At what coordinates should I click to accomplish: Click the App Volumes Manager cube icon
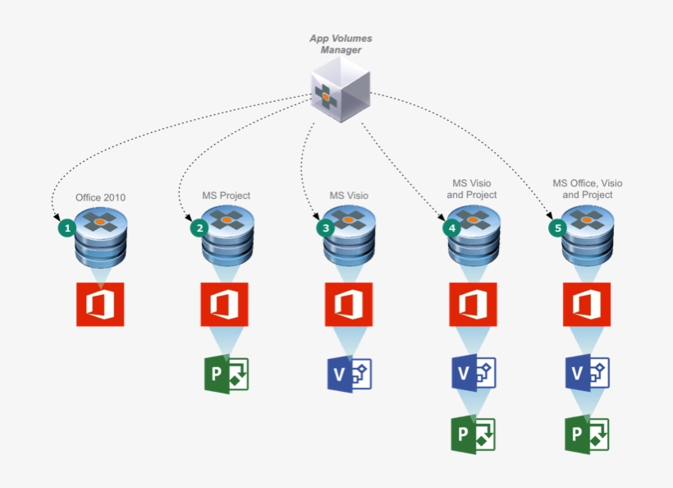click(x=341, y=90)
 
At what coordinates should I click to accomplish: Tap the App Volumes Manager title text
click(x=341, y=44)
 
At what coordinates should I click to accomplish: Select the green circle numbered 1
click(x=67, y=228)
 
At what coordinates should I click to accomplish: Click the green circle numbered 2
click(x=199, y=228)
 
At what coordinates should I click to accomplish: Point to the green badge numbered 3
click(x=326, y=228)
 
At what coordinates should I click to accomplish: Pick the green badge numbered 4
click(x=452, y=228)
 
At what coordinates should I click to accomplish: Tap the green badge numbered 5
click(x=558, y=228)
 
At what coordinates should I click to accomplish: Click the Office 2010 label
click(x=100, y=198)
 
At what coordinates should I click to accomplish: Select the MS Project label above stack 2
click(x=227, y=196)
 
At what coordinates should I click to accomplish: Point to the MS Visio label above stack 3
click(x=349, y=196)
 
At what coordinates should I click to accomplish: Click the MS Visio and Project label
click(x=472, y=189)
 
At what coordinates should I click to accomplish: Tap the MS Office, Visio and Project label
click(x=587, y=189)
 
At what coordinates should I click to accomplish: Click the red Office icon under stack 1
click(x=100, y=304)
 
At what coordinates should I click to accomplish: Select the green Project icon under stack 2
click(x=227, y=374)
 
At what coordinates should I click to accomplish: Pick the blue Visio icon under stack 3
click(x=350, y=374)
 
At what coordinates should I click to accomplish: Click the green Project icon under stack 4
click(x=474, y=435)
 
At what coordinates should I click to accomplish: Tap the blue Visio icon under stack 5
click(x=587, y=372)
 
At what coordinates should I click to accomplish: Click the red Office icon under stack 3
click(x=349, y=304)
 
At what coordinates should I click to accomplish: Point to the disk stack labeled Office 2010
click(x=101, y=237)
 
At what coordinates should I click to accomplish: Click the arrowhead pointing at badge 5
click(x=549, y=214)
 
